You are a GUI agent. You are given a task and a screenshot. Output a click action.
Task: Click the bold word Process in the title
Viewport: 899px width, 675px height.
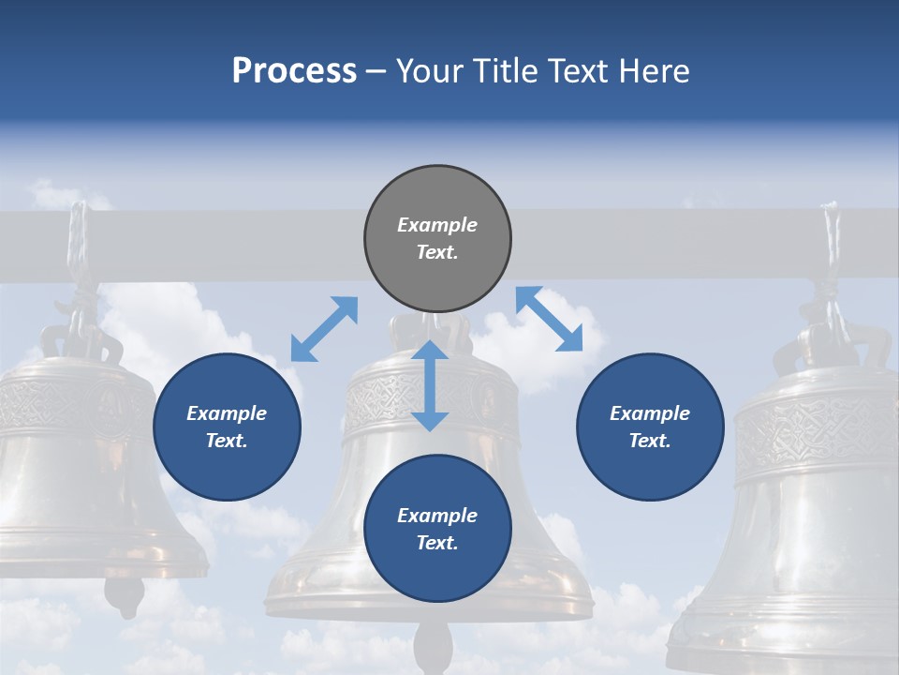pos(294,71)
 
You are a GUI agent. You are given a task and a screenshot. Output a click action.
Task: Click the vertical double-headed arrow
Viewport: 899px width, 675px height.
pos(430,385)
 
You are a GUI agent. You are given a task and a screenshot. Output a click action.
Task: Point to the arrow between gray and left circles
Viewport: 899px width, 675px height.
pos(324,328)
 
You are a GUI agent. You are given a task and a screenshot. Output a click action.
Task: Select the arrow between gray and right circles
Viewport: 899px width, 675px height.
pos(550,320)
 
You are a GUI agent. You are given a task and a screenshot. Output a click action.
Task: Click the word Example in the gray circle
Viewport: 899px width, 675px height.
pos(437,225)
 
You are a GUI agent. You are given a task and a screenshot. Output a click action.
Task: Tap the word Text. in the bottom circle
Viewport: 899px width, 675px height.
pos(437,543)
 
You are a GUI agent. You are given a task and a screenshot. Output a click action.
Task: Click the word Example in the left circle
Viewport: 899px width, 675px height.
pos(227,413)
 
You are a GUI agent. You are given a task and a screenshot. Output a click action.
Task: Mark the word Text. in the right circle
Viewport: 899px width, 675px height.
pos(650,441)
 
